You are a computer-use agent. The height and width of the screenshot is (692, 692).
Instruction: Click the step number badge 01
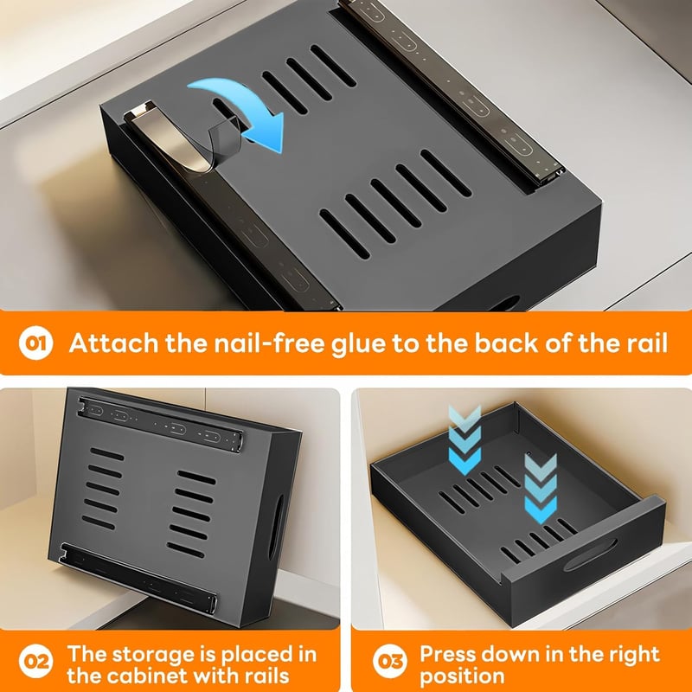pos(35,343)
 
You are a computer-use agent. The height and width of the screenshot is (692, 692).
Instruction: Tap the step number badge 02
pos(35,661)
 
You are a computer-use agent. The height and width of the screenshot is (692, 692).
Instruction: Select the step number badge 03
pos(390,661)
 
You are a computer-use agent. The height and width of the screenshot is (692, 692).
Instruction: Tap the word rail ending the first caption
pos(647,343)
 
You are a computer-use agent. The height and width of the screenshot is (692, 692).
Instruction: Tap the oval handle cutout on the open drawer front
pos(590,554)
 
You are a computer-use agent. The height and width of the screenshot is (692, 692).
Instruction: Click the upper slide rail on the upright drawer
pos(160,424)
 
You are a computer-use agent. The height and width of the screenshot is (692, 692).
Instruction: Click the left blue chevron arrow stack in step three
pos(465,440)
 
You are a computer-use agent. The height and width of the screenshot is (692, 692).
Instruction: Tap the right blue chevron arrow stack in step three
pos(541,488)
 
